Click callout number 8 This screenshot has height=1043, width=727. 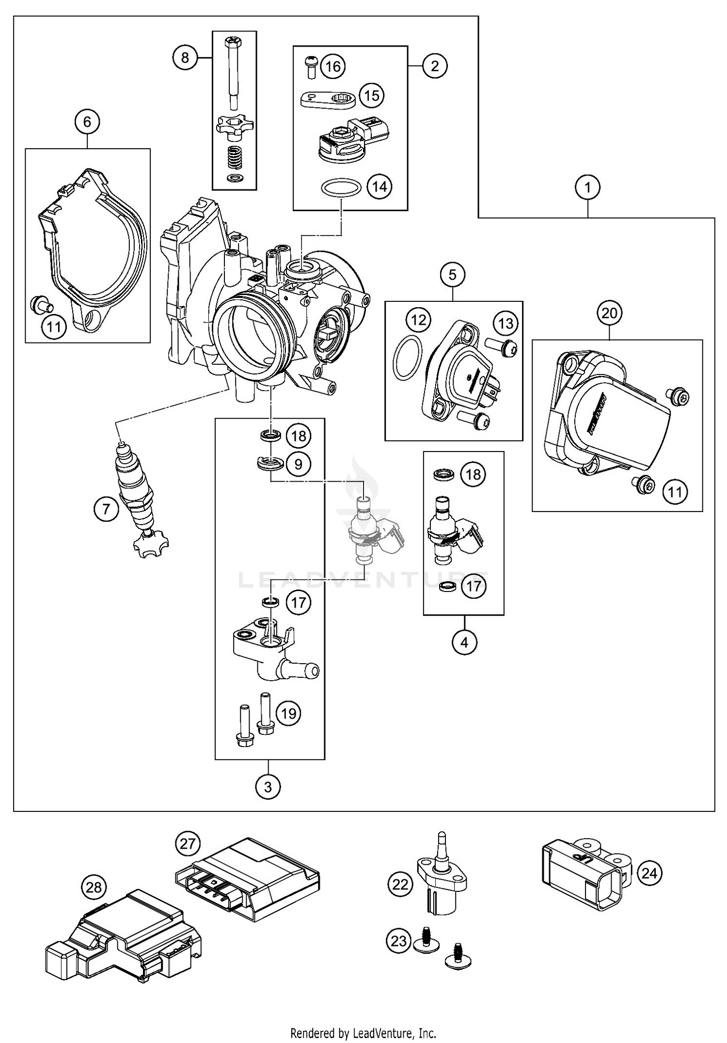coord(185,58)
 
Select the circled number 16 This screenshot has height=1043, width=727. coord(333,66)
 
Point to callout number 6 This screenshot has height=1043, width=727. coord(87,122)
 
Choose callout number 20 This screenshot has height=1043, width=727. coord(609,313)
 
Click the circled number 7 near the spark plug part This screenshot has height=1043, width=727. coord(106,509)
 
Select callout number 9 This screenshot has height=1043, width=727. coord(298,464)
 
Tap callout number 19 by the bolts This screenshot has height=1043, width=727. coord(288,713)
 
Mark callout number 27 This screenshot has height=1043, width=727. coord(188,843)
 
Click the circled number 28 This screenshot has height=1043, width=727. coord(94,887)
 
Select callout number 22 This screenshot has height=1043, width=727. coord(400,885)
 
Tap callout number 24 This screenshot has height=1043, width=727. coord(649,873)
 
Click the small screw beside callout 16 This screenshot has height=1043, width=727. coord(311,67)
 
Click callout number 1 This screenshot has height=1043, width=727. coord(588,187)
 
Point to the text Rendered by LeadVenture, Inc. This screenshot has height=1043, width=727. coord(363,1033)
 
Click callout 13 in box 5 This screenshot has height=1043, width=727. coord(506,323)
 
